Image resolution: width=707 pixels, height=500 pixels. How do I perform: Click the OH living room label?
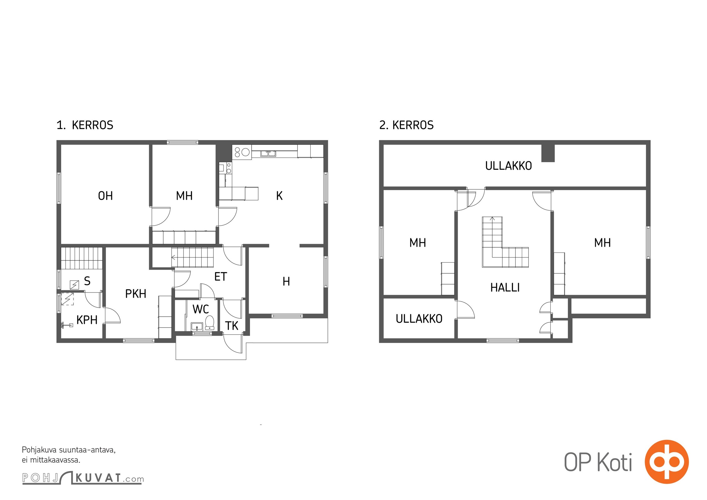pos(105,196)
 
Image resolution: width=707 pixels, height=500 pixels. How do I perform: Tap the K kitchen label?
pos(279,196)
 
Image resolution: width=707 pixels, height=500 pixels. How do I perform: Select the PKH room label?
pos(136,294)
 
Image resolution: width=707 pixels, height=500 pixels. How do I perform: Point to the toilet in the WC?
pos(209,322)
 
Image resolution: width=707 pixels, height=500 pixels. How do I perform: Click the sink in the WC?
pos(197,326)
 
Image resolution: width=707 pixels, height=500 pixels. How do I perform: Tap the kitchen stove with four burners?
pos(242,152)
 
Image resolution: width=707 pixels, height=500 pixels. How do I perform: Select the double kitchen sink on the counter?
pos(268,153)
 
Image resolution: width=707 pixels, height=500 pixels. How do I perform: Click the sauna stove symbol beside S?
pos(74,285)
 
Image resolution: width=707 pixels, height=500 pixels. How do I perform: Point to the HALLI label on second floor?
pos(505,287)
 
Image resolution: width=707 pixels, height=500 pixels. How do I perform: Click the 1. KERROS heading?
pos(85,125)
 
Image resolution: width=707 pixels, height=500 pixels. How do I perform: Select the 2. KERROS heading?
pos(406,125)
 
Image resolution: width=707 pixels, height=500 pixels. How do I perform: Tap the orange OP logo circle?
pos(667,462)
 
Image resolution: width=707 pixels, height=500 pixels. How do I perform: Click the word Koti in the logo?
pos(614,462)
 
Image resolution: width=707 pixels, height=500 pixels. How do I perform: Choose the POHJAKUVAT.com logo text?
pos(83,478)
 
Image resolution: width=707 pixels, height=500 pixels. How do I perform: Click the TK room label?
pos(232,326)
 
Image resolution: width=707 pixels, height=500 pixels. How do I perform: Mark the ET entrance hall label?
pos(220,277)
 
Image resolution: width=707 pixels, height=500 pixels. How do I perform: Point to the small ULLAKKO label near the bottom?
pos(419,319)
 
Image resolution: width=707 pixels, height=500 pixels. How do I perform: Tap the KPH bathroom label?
pos(87,320)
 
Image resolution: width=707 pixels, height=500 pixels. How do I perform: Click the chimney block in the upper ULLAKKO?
pos(548,153)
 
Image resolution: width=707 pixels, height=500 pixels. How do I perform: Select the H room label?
pos(286,282)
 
